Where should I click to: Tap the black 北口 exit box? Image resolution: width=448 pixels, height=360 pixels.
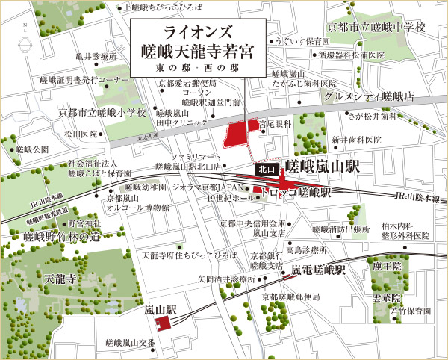[267, 170]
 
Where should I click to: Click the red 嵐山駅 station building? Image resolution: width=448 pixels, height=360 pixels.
[163, 321]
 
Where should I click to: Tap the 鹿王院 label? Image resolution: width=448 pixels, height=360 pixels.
[387, 266]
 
